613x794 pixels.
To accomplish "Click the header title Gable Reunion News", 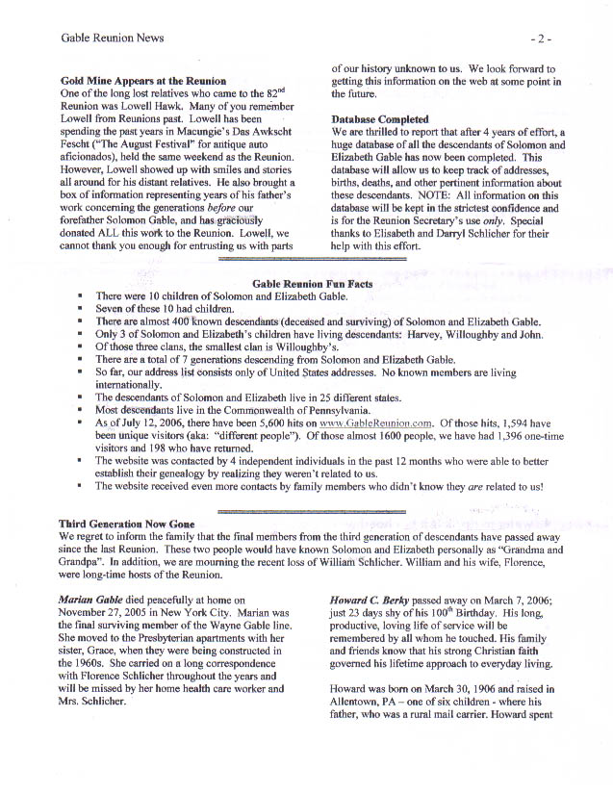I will click(x=112, y=38).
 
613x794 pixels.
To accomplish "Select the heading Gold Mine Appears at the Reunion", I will click(x=143, y=80).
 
